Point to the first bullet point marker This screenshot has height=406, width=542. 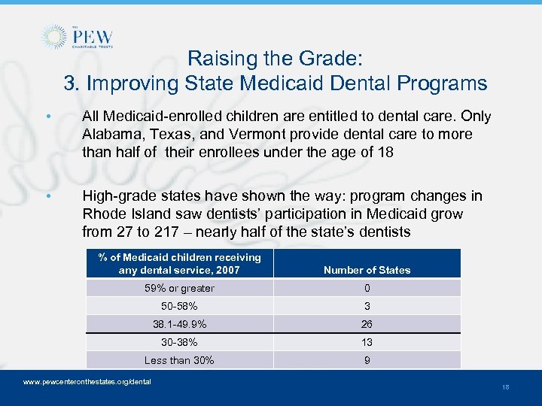click(x=48, y=117)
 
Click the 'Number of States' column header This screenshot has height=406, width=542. click(x=367, y=270)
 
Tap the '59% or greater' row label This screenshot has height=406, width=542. click(x=179, y=288)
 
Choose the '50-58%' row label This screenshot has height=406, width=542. click(x=179, y=306)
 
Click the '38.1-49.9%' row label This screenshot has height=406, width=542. click(x=179, y=324)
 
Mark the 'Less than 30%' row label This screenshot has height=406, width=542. click(x=179, y=360)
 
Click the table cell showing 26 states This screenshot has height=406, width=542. click(x=367, y=324)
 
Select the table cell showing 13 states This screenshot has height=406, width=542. click(x=367, y=342)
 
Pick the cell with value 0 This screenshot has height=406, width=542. click(x=367, y=288)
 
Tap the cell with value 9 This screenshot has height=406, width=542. click(x=367, y=360)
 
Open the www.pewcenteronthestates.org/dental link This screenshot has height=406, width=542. click(x=87, y=382)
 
